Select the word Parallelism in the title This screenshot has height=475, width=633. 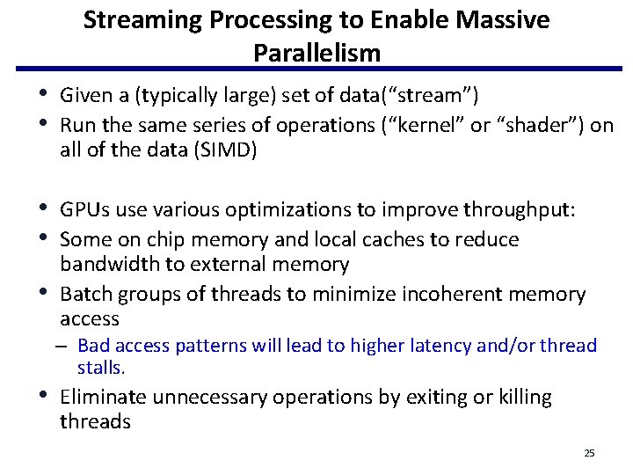pos(316,53)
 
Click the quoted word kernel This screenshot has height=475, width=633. pos(428,126)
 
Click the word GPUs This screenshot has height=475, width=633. pos(82,210)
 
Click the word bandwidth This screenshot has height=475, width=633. pos(107,264)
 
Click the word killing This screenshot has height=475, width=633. pos(526,398)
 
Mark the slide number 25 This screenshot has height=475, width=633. pos(589,453)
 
